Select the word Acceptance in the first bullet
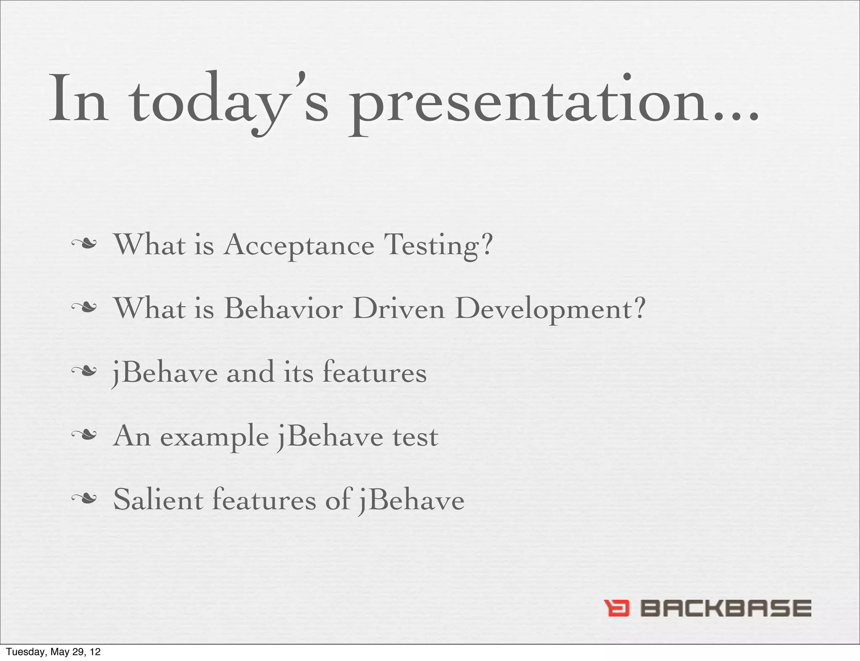pos(299,246)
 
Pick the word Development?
pos(550,310)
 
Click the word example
pos(215,437)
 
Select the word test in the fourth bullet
pos(415,437)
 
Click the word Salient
pos(158,500)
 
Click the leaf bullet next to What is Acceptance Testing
pos(84,244)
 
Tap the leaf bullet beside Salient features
pos(84,499)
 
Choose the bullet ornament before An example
pos(84,435)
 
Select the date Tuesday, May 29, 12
pos(53,652)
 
